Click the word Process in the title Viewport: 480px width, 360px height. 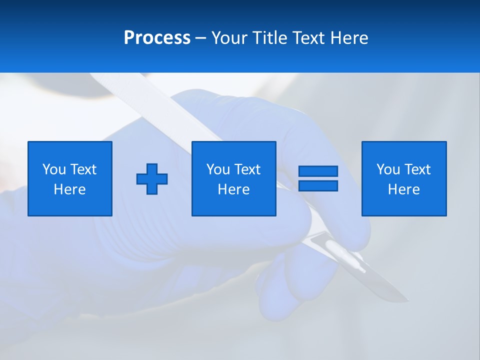[157, 38]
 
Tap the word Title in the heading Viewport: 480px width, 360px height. [268, 38]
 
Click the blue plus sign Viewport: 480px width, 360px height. [152, 179]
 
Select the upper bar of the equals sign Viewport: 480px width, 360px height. [318, 171]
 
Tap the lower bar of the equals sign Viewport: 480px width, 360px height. [318, 186]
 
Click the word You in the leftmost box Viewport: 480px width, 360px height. [54, 169]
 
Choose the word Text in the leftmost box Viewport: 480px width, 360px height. [82, 169]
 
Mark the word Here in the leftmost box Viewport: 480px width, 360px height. [69, 189]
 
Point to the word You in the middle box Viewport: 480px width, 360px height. [218, 169]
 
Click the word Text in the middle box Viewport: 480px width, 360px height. [246, 169]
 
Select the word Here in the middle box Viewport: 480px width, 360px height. [233, 189]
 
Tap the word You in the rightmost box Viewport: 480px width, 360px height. [388, 169]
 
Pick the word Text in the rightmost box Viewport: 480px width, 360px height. [416, 169]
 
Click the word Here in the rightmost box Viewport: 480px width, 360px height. [403, 189]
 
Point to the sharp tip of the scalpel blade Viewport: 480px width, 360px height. [408, 301]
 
